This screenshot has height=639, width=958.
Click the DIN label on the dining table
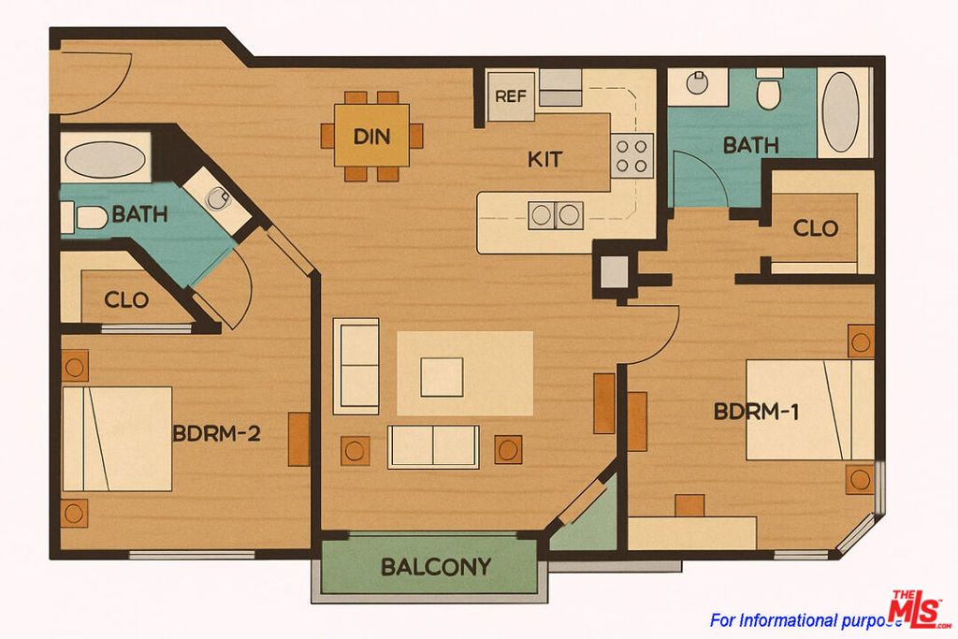click(371, 137)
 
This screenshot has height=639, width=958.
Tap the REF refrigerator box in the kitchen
click(510, 96)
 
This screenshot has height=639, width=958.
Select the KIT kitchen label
click(544, 160)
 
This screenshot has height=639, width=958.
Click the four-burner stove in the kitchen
click(631, 154)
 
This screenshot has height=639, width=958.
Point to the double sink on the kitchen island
click(555, 214)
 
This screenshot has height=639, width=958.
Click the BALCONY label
click(435, 567)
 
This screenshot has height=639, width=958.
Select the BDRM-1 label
click(756, 412)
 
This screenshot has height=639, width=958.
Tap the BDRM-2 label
click(215, 434)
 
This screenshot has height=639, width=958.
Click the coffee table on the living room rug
click(441, 377)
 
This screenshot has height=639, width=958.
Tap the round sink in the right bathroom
click(698, 84)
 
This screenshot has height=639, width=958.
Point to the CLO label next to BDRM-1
click(815, 228)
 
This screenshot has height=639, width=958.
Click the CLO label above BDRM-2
click(126, 300)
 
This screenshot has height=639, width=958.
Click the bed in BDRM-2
click(117, 439)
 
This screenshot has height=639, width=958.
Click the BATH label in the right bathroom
click(750, 145)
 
